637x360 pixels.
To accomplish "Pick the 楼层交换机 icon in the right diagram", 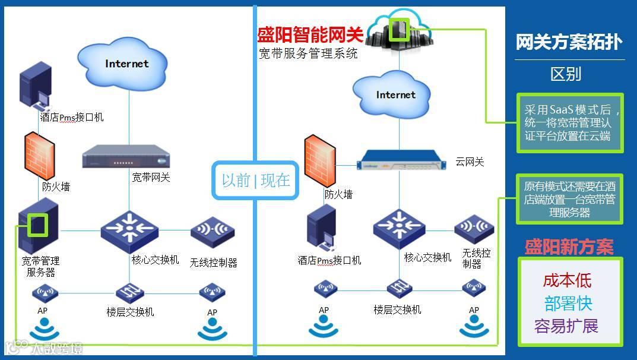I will (x=398, y=289).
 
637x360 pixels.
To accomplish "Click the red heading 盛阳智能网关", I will (x=306, y=34).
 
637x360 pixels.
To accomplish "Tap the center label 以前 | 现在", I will (x=256, y=180).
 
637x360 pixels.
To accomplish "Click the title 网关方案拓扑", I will (x=569, y=42).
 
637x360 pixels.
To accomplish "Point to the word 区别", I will (x=565, y=74).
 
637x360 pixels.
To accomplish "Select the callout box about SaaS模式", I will (x=569, y=123).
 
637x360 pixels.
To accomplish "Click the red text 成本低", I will (x=567, y=280).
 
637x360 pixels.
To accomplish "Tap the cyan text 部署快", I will (x=568, y=304).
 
